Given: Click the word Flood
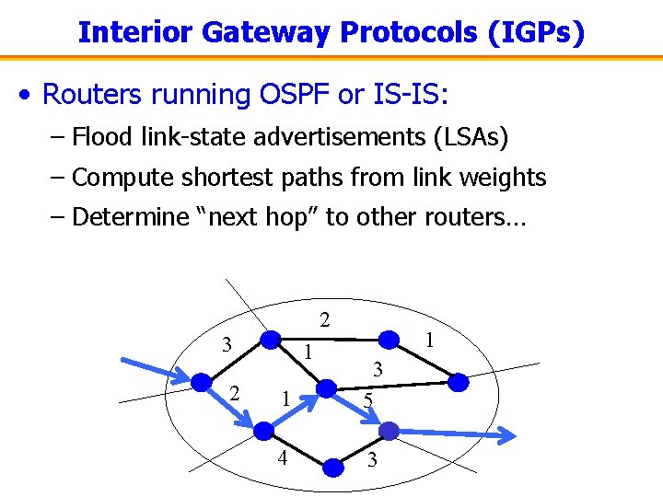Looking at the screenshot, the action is click(101, 138).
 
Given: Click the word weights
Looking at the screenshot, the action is click(504, 178).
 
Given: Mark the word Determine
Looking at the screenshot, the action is click(127, 217).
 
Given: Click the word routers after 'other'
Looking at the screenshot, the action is click(470, 217).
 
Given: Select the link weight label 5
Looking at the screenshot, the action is click(367, 400).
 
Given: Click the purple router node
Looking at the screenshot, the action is click(389, 430).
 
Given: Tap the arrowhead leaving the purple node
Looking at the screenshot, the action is click(505, 434).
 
